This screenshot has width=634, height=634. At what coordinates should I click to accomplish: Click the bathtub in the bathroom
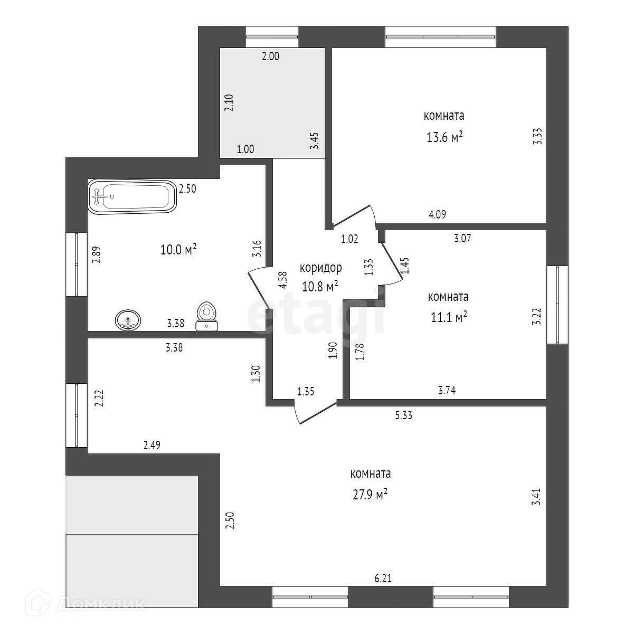point(131,197)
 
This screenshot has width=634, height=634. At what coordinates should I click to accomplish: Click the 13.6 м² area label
point(444,137)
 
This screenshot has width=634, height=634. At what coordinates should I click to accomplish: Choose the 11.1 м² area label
point(448,317)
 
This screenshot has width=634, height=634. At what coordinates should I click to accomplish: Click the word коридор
point(320,268)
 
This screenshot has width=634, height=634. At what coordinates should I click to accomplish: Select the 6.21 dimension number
point(383,579)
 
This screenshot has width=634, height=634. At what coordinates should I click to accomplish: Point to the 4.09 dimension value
point(437,214)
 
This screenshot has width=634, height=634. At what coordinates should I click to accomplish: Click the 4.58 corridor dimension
point(283,279)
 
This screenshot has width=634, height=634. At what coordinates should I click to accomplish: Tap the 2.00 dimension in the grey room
point(270,56)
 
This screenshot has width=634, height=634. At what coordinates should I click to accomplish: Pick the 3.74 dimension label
point(447,391)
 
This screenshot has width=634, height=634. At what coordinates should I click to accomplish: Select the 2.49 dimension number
point(152,446)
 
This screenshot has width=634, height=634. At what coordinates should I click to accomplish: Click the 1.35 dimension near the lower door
point(306,391)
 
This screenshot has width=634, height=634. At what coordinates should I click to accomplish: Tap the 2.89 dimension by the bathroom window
point(96,254)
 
